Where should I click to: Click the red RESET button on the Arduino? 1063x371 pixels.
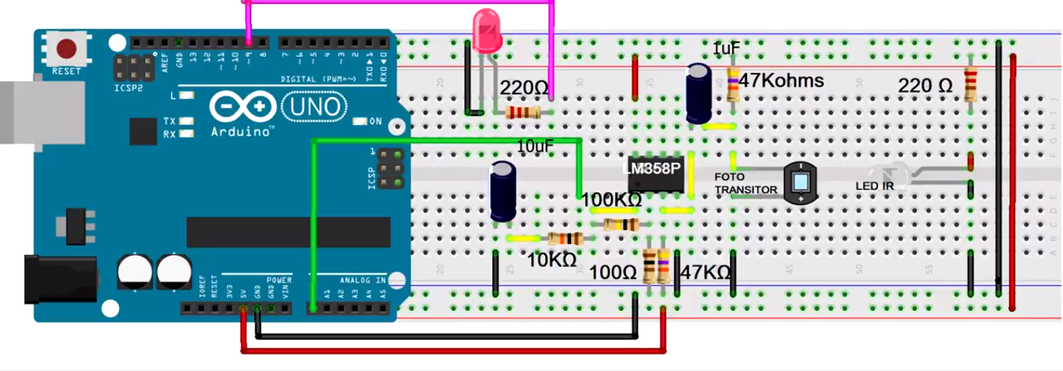(x=66, y=49)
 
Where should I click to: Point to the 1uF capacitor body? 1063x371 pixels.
(x=698, y=93)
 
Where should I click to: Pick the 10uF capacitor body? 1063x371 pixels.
(x=502, y=191)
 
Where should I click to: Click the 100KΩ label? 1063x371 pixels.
(x=611, y=201)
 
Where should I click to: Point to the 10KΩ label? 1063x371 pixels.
(x=551, y=261)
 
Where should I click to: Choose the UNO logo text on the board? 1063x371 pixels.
(x=311, y=106)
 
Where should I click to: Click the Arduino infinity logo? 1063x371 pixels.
(x=242, y=107)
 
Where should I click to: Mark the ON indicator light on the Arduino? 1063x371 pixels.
(x=360, y=121)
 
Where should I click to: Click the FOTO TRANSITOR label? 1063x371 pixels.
(x=745, y=184)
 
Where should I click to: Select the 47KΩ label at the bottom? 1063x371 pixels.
(x=705, y=273)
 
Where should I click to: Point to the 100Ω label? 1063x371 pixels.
(x=613, y=273)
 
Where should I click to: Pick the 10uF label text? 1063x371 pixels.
(x=536, y=146)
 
